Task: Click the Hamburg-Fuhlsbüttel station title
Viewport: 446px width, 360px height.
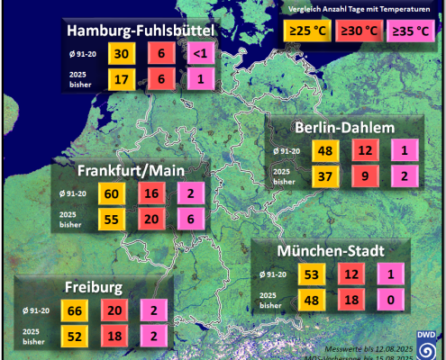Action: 141,32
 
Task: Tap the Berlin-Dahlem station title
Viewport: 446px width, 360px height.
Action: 344,128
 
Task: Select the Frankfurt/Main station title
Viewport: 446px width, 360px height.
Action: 132,170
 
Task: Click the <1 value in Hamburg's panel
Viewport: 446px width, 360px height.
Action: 198,54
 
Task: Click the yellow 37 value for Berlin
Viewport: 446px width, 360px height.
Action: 324,175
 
